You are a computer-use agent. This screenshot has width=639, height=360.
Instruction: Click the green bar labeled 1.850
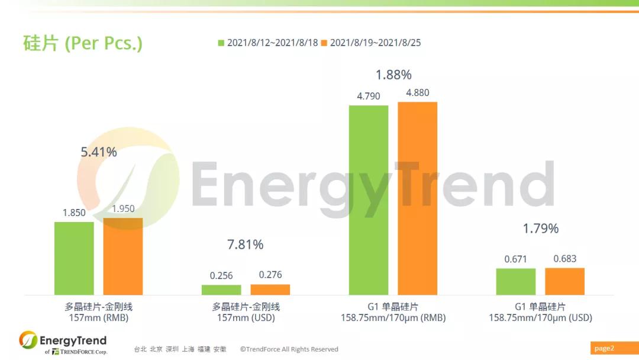74,258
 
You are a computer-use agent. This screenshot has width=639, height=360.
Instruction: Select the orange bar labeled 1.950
123,256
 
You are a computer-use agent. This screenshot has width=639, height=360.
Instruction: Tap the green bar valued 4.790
369,200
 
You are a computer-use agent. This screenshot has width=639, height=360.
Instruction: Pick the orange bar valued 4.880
417,198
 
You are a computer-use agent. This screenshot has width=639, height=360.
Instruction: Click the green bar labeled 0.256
221,290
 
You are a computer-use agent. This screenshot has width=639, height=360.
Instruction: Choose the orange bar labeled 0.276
270,290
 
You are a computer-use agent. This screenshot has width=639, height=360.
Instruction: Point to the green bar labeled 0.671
515,282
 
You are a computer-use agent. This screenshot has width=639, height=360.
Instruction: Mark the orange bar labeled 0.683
564,281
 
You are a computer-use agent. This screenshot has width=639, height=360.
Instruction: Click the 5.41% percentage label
99,152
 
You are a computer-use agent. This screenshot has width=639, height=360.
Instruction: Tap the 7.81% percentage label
246,245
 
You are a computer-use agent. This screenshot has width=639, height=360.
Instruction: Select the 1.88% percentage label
393,75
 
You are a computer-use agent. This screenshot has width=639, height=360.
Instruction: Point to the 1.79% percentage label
540,229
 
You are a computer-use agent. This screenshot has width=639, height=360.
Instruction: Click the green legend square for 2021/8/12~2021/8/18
222,43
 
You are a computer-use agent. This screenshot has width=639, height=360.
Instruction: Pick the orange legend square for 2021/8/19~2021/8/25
324,43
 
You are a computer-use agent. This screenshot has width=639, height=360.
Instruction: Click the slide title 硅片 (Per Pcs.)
82,43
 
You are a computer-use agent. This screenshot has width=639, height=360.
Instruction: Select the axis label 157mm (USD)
246,318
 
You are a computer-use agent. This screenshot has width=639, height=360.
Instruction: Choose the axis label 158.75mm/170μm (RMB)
393,318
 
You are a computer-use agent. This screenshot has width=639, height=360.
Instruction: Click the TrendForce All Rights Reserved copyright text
289,349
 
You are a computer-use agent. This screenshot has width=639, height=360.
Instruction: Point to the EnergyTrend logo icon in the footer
28,340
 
